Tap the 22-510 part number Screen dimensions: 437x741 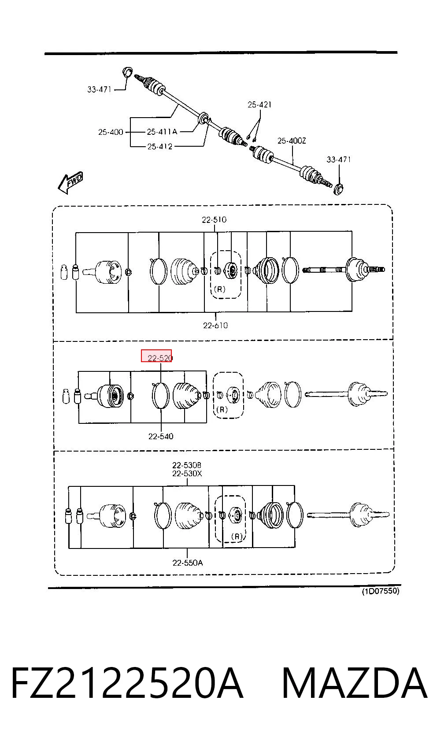coord(214,220)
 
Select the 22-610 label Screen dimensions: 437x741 coord(215,326)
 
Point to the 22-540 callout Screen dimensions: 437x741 coord(161,436)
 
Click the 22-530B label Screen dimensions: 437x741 coord(187,466)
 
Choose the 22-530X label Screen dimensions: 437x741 coord(187,474)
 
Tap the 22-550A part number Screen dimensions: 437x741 coord(188,563)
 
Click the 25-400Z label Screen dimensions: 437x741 coord(292,141)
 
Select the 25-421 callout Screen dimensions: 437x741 coord(259,105)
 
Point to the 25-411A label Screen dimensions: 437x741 coord(162,132)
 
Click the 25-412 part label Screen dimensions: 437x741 coord(160,147)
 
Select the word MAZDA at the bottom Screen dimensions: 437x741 coord(354,683)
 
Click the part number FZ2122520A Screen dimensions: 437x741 coord(127,683)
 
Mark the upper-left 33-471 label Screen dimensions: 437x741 coord(99,89)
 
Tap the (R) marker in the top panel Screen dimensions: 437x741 coord(220,289)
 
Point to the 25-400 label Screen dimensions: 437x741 coord(111,132)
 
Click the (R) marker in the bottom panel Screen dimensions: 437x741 coord(237,536)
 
